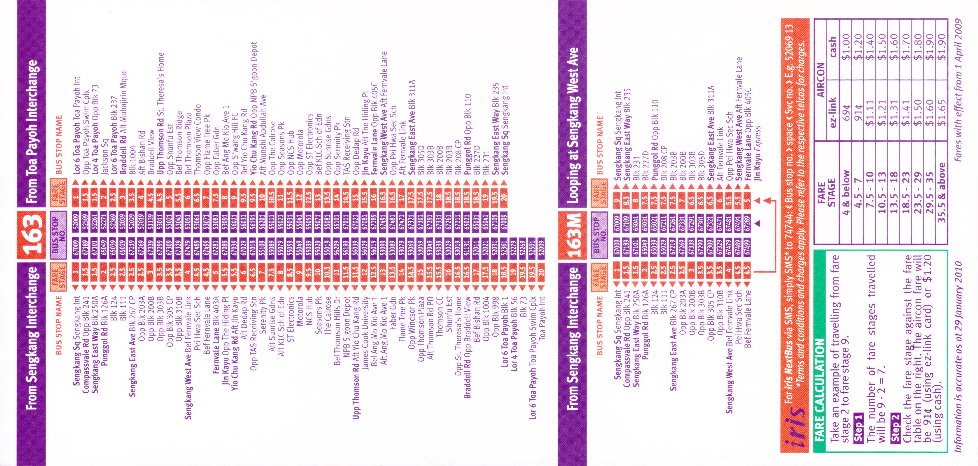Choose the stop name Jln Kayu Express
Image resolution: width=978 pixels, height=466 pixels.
pos(757,154)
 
